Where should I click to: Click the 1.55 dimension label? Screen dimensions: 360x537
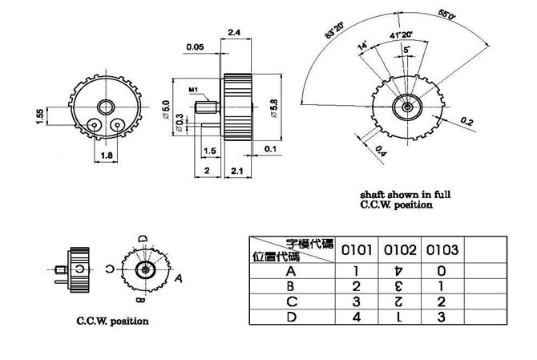[x=39, y=117]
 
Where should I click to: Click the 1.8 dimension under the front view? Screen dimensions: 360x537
[x=107, y=157]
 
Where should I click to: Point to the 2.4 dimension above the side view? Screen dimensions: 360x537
[x=235, y=33]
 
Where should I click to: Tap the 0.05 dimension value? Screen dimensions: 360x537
[x=194, y=47]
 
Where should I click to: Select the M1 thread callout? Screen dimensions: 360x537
[x=195, y=89]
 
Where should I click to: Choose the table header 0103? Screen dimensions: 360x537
[x=441, y=250]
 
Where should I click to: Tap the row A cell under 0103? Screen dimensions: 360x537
[x=441, y=270]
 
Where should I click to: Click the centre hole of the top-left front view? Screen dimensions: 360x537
[x=105, y=107]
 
